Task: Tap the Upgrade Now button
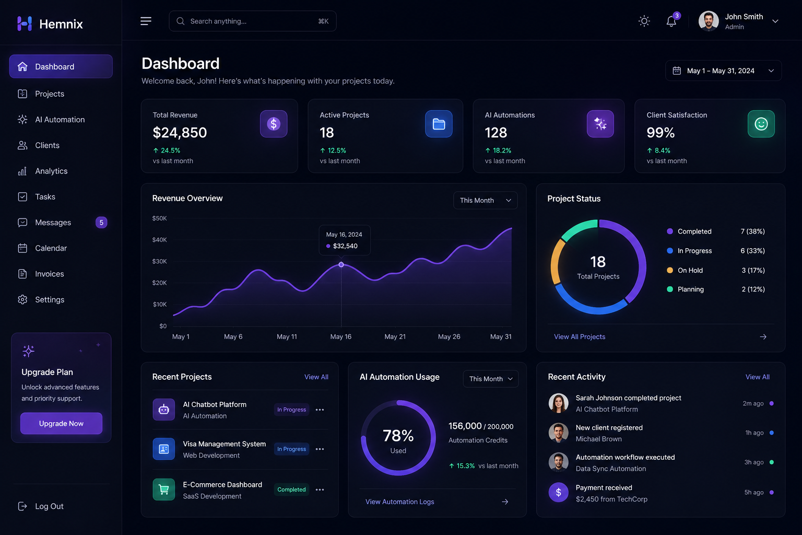point(61,423)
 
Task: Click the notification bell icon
point(671,21)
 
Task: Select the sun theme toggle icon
point(644,21)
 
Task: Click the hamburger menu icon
point(146,21)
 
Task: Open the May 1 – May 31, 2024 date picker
point(723,71)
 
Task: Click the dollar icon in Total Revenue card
point(274,124)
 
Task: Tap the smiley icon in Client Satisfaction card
point(761,124)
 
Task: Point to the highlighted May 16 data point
point(341,264)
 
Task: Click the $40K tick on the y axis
point(159,240)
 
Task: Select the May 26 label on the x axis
point(449,336)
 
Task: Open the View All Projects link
point(580,336)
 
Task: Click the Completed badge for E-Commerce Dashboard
point(291,490)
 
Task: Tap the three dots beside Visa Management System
point(320,449)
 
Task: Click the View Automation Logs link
point(399,502)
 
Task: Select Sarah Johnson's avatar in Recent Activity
point(559,403)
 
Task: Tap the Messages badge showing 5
point(101,223)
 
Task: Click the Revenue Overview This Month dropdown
point(485,200)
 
